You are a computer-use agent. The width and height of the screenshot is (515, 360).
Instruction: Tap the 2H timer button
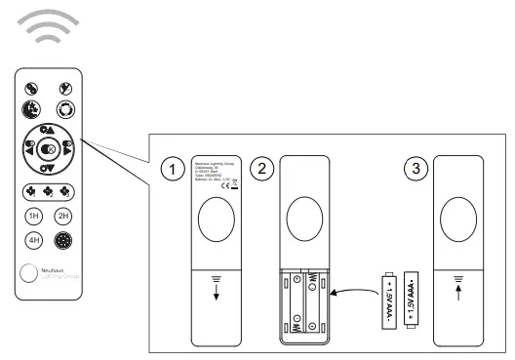pyautogui.click(x=64, y=216)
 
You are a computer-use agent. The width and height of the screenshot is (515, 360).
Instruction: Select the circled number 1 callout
pyautogui.click(x=174, y=170)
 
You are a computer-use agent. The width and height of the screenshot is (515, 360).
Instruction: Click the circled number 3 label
pyautogui.click(x=417, y=170)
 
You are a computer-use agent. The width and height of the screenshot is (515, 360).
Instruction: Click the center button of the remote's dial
pyautogui.click(x=49, y=148)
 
